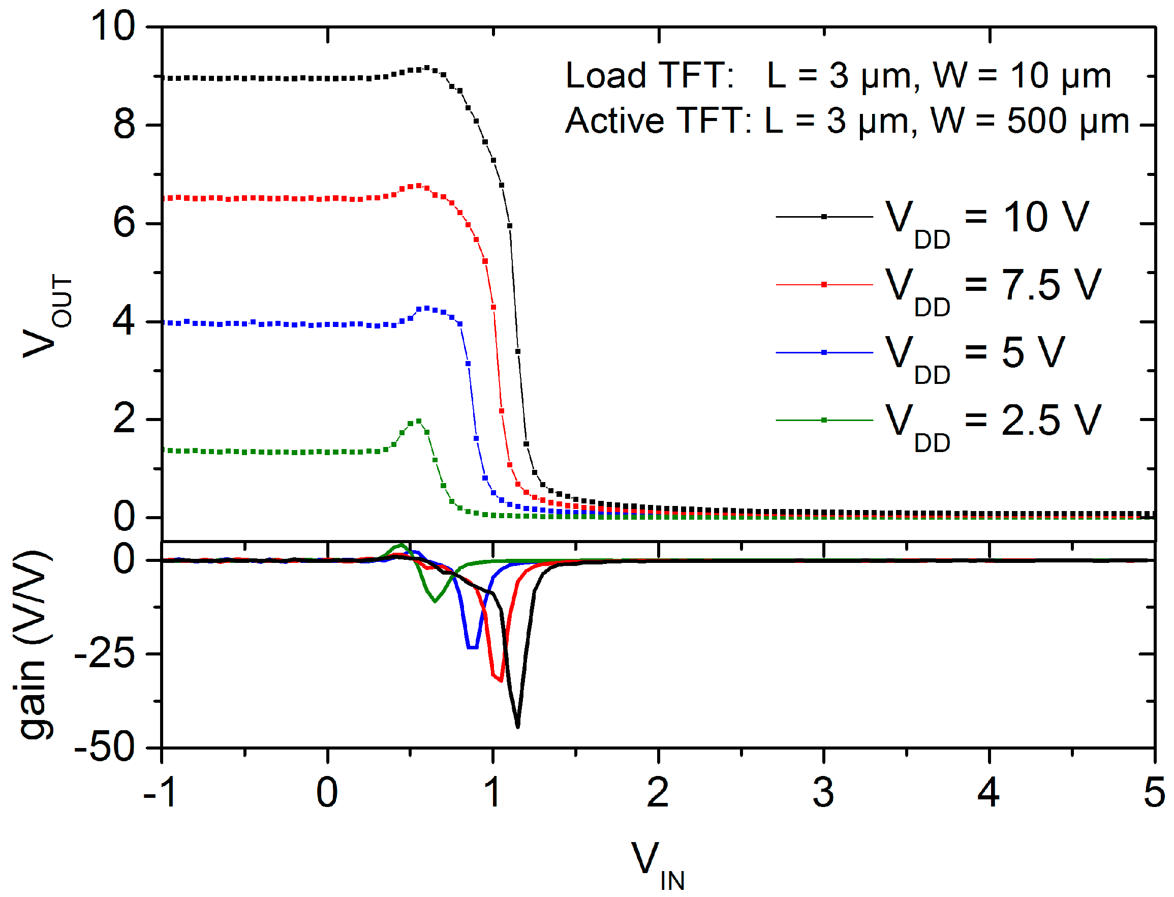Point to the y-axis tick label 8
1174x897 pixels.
[124, 125]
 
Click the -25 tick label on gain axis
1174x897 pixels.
[105, 654]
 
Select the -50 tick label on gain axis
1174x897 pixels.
[105, 748]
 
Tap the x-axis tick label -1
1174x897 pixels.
[160, 793]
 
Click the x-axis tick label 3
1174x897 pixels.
[823, 793]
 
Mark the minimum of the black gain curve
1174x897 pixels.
[517, 726]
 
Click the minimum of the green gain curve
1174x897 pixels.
[435, 602]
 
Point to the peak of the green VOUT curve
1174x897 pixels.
[418, 421]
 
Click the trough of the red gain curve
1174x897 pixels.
[501, 681]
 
